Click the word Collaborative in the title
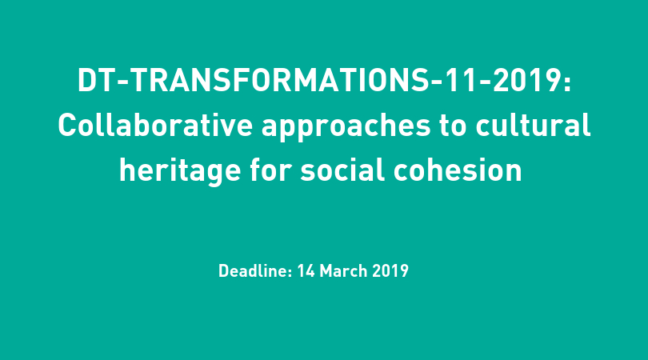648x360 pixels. (155, 126)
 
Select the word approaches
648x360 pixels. (346, 128)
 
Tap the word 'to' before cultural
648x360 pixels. (453, 126)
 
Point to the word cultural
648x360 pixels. (533, 126)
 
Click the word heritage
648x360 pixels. (180, 171)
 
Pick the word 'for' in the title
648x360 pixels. (270, 170)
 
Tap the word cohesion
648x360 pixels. (458, 170)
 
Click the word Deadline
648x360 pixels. (253, 270)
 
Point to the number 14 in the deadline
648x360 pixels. (306, 271)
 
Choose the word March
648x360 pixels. (343, 270)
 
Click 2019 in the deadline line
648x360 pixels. (390, 271)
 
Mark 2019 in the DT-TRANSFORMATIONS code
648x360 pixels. (526, 80)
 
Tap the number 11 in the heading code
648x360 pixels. (463, 80)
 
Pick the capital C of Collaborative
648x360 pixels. (68, 126)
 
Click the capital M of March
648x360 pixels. (326, 271)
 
